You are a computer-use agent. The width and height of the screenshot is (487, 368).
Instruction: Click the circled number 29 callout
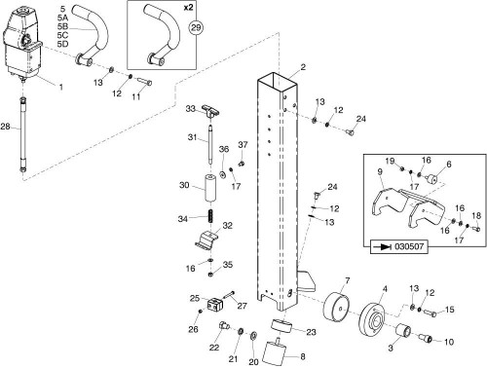pyautogui.click(x=196, y=27)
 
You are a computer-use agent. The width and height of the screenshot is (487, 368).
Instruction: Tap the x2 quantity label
pyautogui.click(x=188, y=7)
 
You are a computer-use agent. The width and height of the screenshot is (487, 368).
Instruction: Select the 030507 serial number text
pyautogui.click(x=409, y=246)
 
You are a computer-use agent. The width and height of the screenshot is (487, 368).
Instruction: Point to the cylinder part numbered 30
pyautogui.click(x=211, y=188)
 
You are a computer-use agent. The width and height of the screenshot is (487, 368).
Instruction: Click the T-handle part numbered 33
pyautogui.click(x=210, y=110)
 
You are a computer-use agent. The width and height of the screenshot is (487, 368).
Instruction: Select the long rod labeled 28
pyautogui.click(x=23, y=135)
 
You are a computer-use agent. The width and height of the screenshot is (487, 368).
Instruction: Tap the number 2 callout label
pyautogui.click(x=303, y=67)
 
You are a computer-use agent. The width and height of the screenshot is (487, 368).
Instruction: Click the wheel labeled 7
pyautogui.click(x=337, y=308)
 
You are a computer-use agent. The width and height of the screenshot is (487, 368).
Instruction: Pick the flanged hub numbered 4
pyautogui.click(x=372, y=318)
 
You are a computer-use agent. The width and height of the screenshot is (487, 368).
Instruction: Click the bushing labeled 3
pyautogui.click(x=403, y=330)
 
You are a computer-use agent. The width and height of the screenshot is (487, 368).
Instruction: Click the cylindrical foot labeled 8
pyautogui.click(x=275, y=352)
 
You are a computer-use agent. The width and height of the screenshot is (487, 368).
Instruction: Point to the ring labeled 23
pyautogui.click(x=281, y=325)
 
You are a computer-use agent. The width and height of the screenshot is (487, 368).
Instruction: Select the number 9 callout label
pyautogui.click(x=380, y=171)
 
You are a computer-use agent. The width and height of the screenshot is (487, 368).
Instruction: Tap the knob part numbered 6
pyautogui.click(x=432, y=179)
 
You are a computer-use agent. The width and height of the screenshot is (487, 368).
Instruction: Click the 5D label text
pyautogui.click(x=62, y=44)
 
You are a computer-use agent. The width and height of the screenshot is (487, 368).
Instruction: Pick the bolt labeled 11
pyautogui.click(x=145, y=80)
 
